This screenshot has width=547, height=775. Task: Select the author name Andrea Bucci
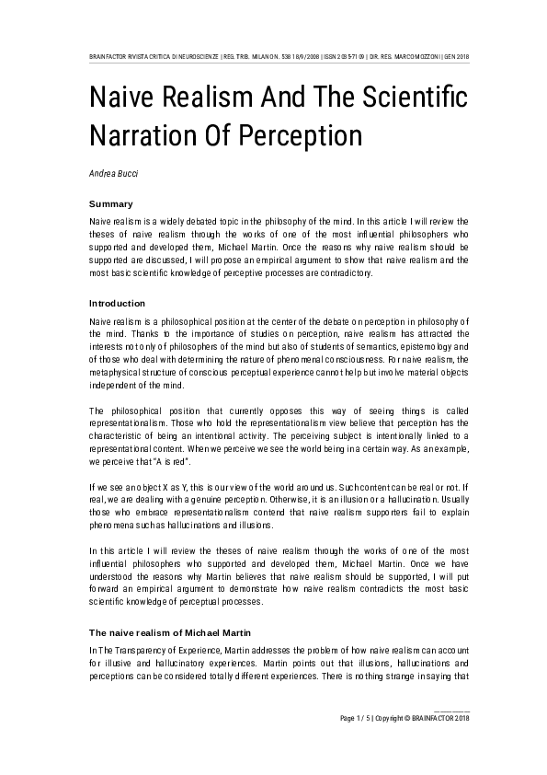click(x=112, y=171)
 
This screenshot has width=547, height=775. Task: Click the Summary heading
click(x=110, y=203)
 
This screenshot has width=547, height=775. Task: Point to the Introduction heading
click(x=118, y=302)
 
